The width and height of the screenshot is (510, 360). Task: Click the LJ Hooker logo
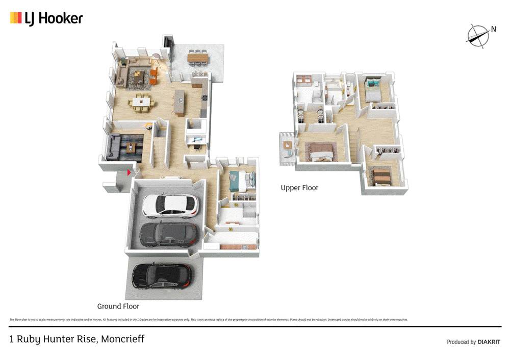point(46,18)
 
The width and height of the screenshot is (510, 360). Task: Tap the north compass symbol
point(478,35)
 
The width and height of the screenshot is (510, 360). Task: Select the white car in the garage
point(169,205)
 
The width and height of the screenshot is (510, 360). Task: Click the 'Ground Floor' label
point(118,306)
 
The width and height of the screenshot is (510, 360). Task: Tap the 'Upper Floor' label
point(299,188)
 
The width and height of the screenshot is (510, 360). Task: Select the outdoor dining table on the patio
point(198,57)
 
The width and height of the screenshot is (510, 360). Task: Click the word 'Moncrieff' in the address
point(123,339)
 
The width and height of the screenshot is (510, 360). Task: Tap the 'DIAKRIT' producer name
point(489,342)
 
